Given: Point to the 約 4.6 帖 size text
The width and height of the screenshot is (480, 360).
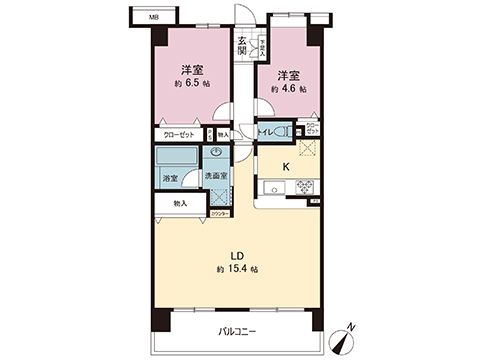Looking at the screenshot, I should point(288,89).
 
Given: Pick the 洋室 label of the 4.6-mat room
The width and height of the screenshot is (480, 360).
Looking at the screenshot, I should point(288,75).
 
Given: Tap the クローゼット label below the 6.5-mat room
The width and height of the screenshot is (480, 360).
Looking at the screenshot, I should point(178,135).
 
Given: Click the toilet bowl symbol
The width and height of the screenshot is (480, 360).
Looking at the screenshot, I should point(293,130).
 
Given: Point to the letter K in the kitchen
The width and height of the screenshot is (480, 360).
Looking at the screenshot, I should point(286,166).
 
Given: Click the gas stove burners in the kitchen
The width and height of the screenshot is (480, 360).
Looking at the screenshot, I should point(304,186).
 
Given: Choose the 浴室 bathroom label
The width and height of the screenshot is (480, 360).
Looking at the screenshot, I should point(170,178).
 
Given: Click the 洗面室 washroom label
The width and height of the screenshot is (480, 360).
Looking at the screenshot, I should point(216,176).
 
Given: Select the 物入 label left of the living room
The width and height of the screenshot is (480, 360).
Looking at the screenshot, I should point(179,203).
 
